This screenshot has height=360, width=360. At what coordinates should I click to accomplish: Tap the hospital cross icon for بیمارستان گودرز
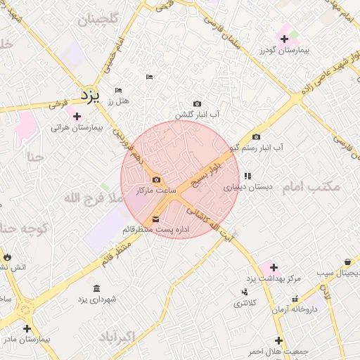click(x=284, y=39)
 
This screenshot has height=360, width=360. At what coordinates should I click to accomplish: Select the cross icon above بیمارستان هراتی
click(x=76, y=115)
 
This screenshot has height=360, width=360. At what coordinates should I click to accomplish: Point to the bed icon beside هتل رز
click(x=118, y=90)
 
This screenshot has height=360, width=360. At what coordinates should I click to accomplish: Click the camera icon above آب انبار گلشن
click(x=196, y=103)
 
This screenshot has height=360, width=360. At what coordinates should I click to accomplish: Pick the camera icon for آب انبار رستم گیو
click(x=256, y=136)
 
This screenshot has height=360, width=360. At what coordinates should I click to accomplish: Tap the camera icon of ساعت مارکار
click(x=155, y=179)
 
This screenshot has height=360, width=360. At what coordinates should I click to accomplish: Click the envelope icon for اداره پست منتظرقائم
click(x=155, y=219)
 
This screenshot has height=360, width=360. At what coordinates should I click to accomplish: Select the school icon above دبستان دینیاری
click(x=247, y=176)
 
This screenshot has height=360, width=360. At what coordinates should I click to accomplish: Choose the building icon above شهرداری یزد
click(x=96, y=288)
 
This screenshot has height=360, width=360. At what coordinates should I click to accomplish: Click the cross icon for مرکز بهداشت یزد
click(x=274, y=267)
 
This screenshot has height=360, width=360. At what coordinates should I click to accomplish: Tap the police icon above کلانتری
click(x=245, y=292)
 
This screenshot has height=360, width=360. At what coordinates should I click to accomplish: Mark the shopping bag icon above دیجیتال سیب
click(x=347, y=262)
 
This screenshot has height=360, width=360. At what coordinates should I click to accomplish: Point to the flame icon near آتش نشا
click(x=7, y=257)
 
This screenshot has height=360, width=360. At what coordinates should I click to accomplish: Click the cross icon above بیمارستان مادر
click(x=27, y=328)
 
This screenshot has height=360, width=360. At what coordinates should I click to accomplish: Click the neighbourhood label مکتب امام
click(x=311, y=187)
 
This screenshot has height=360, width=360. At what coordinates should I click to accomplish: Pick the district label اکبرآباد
click(x=117, y=335)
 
